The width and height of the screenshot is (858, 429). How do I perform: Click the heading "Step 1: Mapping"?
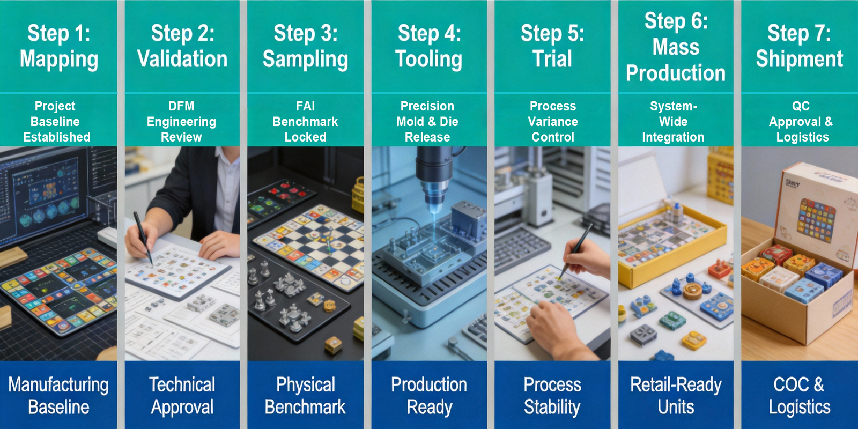(x=59, y=46)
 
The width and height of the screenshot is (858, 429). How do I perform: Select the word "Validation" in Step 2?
(x=182, y=59)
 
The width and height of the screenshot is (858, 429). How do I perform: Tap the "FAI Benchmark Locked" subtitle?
(x=305, y=121)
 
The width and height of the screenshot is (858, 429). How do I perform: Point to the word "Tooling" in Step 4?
(x=428, y=60)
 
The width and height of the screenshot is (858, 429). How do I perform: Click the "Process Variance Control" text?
(x=553, y=121)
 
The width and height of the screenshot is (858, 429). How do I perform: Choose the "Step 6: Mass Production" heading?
(x=676, y=47)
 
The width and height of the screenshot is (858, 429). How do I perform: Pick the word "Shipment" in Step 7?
(x=800, y=59)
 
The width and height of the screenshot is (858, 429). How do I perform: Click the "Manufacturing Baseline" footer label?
(x=58, y=396)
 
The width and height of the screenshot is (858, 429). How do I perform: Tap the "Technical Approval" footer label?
(x=182, y=396)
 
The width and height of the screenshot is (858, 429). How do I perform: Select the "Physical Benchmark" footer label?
(x=305, y=396)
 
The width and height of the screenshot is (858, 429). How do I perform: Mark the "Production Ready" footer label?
(x=429, y=396)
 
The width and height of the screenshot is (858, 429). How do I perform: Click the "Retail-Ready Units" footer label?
(x=676, y=396)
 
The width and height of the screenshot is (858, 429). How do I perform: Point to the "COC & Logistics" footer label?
(x=800, y=396)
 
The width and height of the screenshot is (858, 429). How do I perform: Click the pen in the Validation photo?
(x=143, y=238)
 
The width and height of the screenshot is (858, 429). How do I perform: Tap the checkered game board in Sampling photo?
(x=310, y=245)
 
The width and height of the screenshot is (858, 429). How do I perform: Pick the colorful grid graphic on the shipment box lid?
(x=817, y=220)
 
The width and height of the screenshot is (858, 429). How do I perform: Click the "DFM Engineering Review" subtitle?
(x=181, y=121)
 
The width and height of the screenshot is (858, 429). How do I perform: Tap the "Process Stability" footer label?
(x=552, y=396)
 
